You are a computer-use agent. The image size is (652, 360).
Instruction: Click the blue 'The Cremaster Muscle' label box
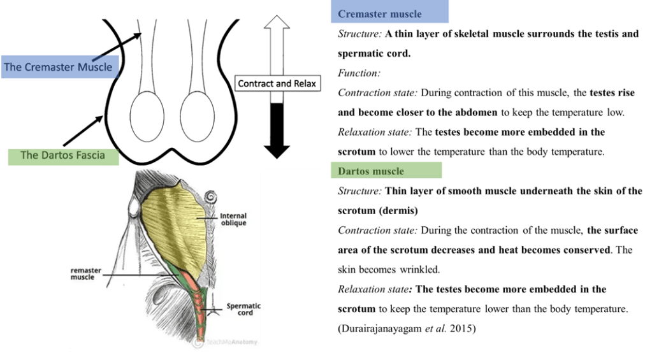(x=57, y=67)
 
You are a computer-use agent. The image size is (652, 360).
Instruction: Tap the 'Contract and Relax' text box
(x=277, y=83)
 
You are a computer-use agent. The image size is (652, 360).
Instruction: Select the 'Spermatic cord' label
(x=240, y=309)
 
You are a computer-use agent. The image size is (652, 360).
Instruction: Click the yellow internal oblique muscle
(x=175, y=223)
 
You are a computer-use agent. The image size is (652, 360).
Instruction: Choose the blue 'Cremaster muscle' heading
(x=380, y=13)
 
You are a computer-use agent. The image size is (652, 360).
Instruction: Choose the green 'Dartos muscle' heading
(x=370, y=171)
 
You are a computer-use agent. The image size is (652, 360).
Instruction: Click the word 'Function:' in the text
(x=358, y=73)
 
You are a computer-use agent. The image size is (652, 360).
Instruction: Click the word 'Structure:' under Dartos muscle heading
(x=359, y=191)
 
